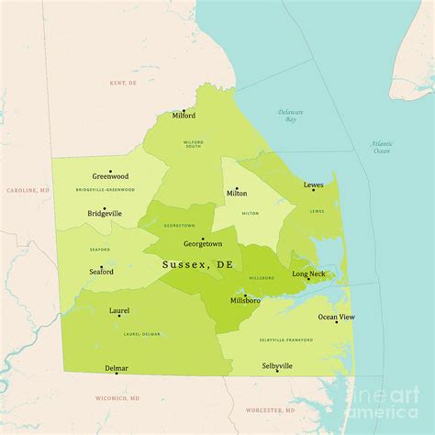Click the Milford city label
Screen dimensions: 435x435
pyautogui.click(x=184, y=117)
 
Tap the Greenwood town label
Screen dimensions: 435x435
pyautogui.click(x=109, y=176)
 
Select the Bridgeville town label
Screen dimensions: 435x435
pyautogui.click(x=105, y=213)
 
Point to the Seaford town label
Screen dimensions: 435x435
pyautogui.click(x=101, y=272)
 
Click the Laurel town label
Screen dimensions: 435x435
pyautogui.click(x=118, y=311)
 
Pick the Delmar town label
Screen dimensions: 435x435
pyautogui.click(x=117, y=368)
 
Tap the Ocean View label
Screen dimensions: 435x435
pyautogui.click(x=335, y=317)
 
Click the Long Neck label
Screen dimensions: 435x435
pyautogui.click(x=308, y=273)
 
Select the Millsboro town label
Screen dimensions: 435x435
pyautogui.click(x=244, y=301)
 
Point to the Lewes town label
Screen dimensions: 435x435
pyautogui.click(x=313, y=185)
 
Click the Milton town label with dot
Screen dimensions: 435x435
pyautogui.click(x=237, y=194)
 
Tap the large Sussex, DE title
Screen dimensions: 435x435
pyautogui.click(x=197, y=264)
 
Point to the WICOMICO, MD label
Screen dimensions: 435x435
pyautogui.click(x=117, y=398)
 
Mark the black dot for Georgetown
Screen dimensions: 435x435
pyautogui.click(x=203, y=238)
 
